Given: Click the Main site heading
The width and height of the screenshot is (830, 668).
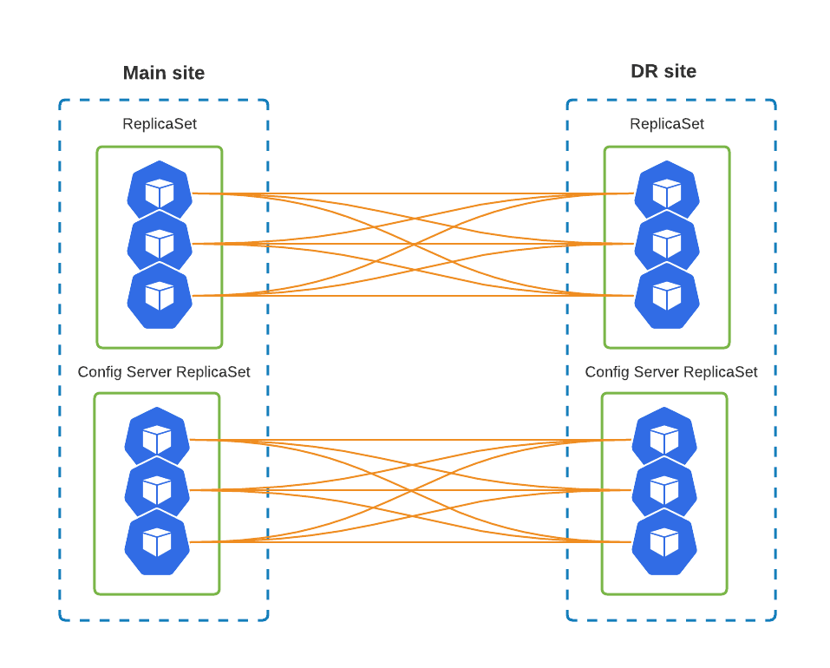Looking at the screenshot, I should (x=163, y=73).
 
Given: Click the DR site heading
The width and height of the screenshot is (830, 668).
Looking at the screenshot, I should (x=663, y=71).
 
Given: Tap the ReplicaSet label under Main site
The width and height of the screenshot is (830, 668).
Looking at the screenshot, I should (x=160, y=124).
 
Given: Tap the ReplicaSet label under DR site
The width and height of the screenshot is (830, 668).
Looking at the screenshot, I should (x=666, y=124).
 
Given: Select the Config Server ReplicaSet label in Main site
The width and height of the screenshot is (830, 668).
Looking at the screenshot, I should (x=164, y=372).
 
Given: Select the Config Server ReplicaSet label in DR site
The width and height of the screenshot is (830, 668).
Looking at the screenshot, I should (x=670, y=372).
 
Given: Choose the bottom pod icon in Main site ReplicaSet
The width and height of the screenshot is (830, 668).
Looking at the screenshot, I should (x=160, y=296).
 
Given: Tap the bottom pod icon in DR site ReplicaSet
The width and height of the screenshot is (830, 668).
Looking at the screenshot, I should (x=666, y=296).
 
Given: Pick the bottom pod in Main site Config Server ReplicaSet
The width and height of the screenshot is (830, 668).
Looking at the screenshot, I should (x=157, y=542).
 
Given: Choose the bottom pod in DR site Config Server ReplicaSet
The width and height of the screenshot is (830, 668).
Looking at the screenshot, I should (x=663, y=542).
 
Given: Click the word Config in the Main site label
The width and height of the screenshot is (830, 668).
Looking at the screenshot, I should (x=99, y=372).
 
